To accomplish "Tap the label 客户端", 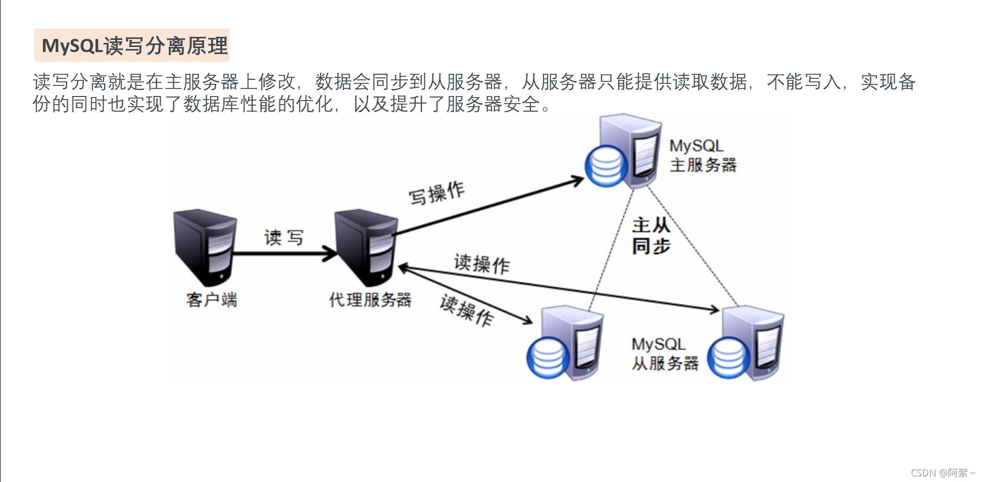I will click(211, 300).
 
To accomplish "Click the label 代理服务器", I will click(370, 300).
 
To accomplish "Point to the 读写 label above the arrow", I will click(284, 237).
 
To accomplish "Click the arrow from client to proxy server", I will click(283, 254).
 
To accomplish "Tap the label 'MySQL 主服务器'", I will click(702, 156).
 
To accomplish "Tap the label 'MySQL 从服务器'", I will click(664, 354).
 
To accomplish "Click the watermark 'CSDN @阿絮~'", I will click(943, 473).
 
